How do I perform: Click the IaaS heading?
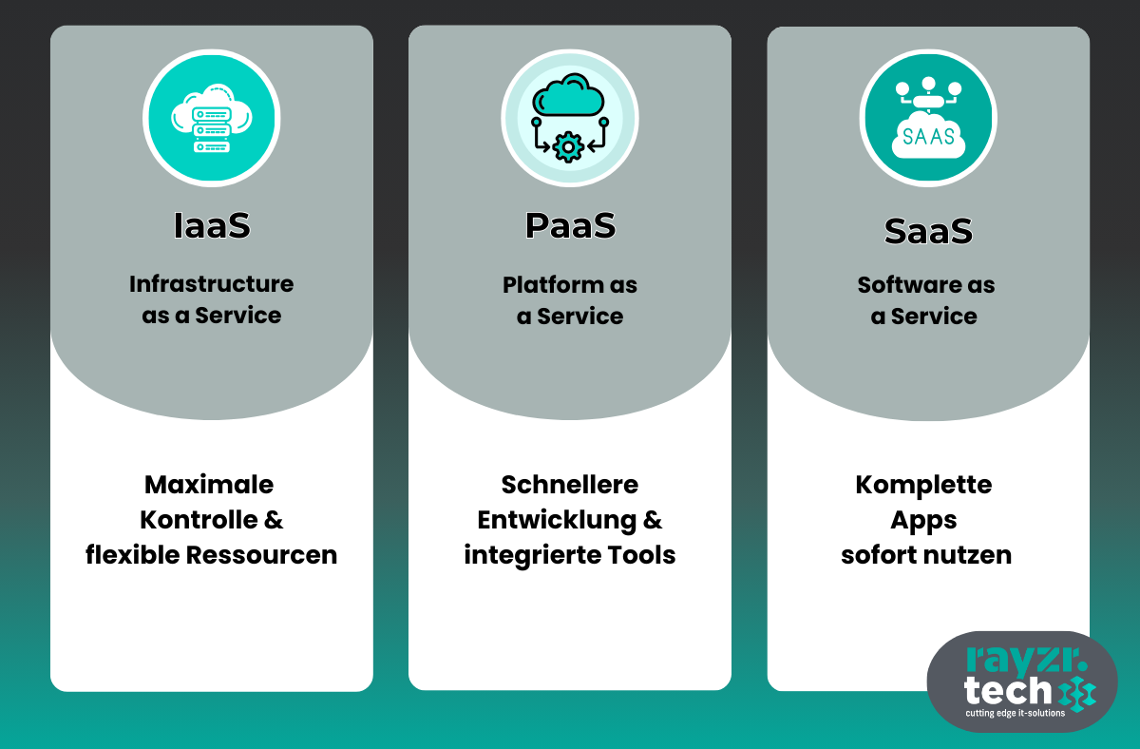(x=212, y=225)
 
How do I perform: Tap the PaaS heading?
(x=570, y=225)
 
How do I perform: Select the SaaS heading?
(x=928, y=231)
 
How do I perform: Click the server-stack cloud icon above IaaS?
(x=212, y=117)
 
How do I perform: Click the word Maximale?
(x=209, y=485)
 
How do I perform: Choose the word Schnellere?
(x=570, y=485)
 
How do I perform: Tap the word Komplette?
(x=923, y=485)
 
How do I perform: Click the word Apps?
(x=923, y=520)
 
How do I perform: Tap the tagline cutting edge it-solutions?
(x=1015, y=713)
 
